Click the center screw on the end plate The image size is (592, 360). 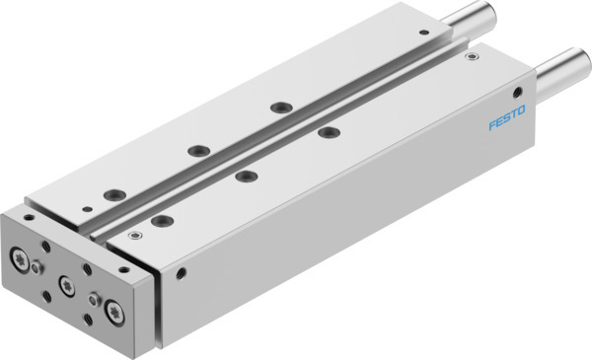(67, 284)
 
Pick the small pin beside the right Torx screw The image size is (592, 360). (94, 299)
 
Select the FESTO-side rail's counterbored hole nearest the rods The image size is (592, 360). (325, 131)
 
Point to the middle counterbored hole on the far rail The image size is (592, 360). (195, 151)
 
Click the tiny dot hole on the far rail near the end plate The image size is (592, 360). (88, 206)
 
